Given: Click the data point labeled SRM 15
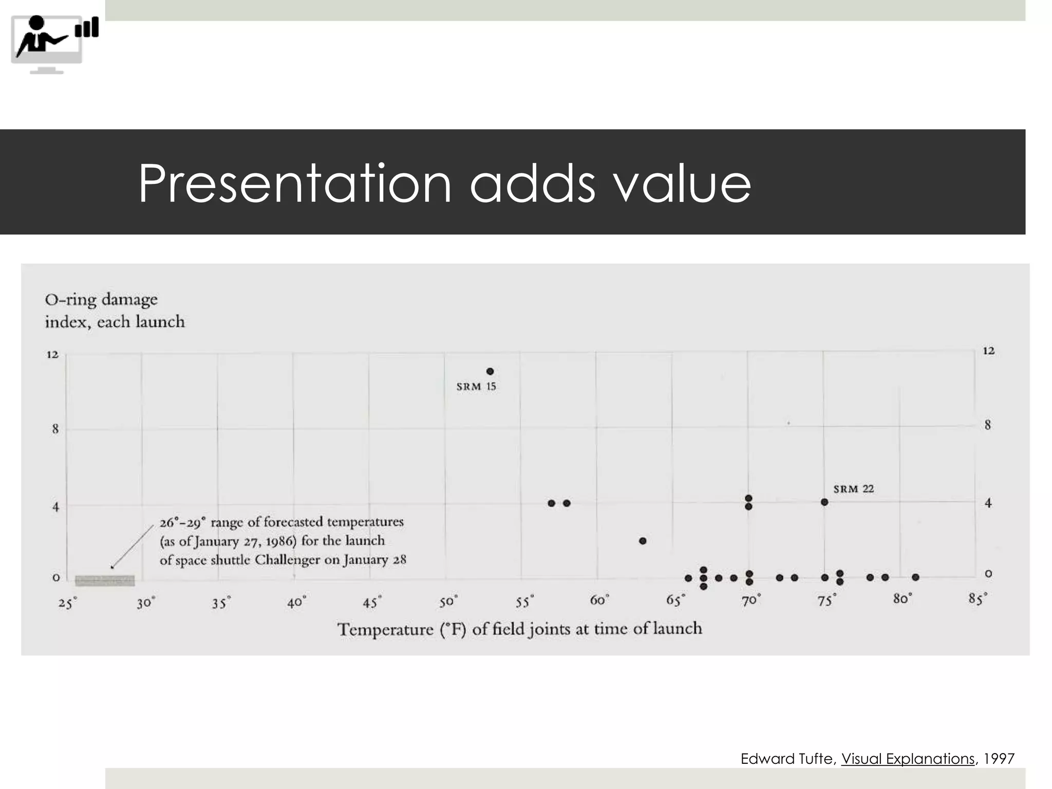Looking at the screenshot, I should [x=490, y=371].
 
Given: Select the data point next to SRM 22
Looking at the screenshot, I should [x=824, y=502].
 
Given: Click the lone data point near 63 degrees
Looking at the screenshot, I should [x=643, y=541].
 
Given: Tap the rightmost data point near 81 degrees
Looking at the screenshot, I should [x=915, y=577].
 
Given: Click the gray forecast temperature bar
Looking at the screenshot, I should [x=105, y=580].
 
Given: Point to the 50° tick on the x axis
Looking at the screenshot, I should [x=448, y=602].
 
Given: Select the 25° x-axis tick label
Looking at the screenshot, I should [x=67, y=603].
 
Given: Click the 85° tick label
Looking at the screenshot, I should [x=978, y=599].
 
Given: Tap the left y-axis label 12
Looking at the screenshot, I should [x=52, y=354].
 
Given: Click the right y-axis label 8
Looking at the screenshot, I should [x=988, y=425].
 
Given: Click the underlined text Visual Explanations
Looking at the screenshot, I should [x=908, y=759].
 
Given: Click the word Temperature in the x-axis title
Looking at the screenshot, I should [x=385, y=629].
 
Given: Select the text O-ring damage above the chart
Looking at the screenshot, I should [x=101, y=299].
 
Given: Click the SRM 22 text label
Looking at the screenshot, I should [x=853, y=489].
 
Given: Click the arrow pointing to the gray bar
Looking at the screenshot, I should [x=133, y=546].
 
